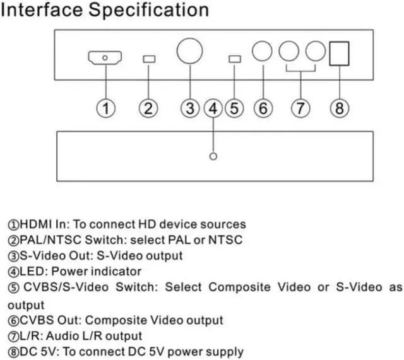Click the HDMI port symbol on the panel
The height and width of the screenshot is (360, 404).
105,59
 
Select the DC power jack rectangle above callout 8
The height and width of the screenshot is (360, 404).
340,54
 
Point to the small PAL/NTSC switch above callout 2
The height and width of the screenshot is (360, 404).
149,59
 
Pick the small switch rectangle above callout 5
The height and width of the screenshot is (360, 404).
234,59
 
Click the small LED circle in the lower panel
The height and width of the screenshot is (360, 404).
213,156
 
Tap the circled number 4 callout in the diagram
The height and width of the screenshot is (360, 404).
213,108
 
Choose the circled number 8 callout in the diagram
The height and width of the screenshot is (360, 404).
340,108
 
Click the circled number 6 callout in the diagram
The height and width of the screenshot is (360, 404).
263,108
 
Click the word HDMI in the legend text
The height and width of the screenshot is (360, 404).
34,224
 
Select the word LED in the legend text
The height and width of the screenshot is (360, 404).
29,272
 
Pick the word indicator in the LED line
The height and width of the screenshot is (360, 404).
117,272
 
